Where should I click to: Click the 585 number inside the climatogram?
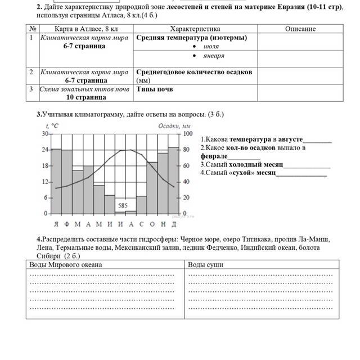coord(123,206)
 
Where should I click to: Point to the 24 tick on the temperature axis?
coord(44,150)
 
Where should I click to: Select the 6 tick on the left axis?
coord(46,198)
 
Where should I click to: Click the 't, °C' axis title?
coord(51,127)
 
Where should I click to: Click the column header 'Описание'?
coord(300,29)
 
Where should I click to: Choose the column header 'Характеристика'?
coord(195,29)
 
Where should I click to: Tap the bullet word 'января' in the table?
coord(214,56)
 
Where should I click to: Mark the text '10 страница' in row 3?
coord(85,97)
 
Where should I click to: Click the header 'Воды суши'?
coord(205,264)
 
